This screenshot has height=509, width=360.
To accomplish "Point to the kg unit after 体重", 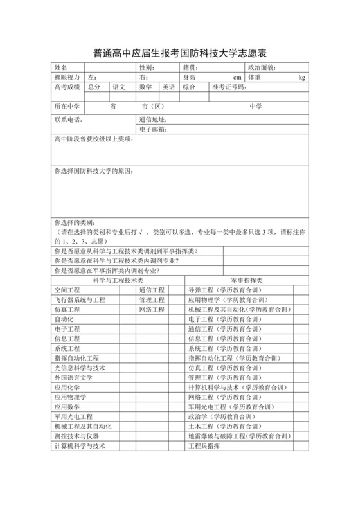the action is coord(301,78).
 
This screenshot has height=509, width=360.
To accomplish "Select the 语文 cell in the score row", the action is coord(119,87).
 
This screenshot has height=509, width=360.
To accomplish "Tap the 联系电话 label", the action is coord(69,120).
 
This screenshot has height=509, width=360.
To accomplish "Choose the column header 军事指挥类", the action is coord(246,281).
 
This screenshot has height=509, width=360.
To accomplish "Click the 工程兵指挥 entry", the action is coord(204,445).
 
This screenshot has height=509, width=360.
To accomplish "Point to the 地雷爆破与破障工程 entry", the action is coord(237,436).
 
